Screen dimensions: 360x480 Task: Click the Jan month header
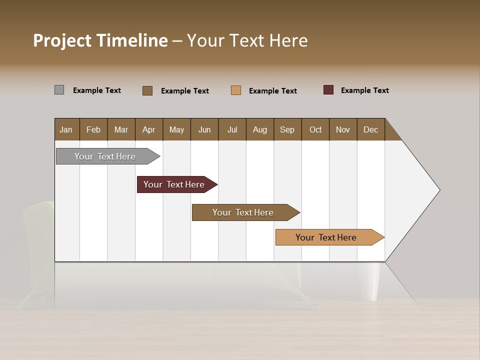pyautogui.click(x=66, y=129)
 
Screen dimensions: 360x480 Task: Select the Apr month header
pyautogui.click(x=149, y=129)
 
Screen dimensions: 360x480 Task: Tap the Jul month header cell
pyautogui.click(x=232, y=129)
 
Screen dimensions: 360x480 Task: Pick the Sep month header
pyautogui.click(x=287, y=129)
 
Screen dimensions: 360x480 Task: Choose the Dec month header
pyautogui.click(x=370, y=129)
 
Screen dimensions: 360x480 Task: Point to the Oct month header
pyautogui.click(x=315, y=129)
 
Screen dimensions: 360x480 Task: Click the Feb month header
pyautogui.click(x=93, y=129)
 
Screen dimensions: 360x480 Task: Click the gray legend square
pyautogui.click(x=59, y=90)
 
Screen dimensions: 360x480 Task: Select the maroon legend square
pyautogui.click(x=328, y=90)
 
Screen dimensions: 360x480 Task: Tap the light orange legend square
pyautogui.click(x=236, y=90)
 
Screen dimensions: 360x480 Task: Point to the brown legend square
pyautogui.click(x=147, y=90)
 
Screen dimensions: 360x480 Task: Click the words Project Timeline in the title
pyautogui.click(x=100, y=40)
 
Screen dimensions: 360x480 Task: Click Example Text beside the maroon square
pyautogui.click(x=364, y=90)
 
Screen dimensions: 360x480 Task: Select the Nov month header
pyautogui.click(x=343, y=129)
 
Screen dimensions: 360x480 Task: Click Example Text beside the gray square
pyautogui.click(x=97, y=90)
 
